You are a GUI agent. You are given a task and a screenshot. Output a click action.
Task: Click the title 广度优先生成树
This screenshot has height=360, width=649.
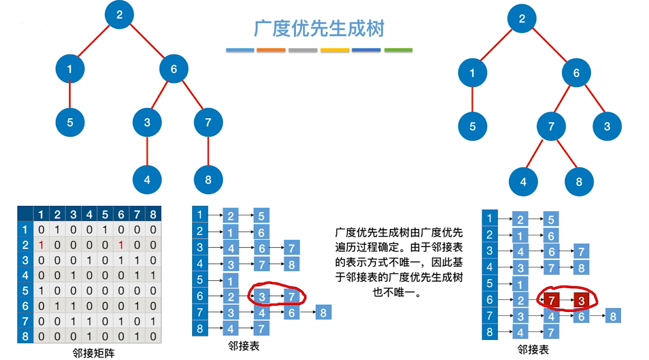319,29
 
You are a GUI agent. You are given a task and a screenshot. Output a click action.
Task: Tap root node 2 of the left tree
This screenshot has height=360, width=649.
119,15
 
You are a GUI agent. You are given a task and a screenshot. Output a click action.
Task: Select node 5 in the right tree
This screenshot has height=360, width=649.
473,126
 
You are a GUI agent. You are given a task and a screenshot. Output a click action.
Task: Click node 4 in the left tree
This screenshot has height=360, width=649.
147,180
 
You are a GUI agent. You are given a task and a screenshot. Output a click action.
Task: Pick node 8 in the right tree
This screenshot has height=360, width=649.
579,182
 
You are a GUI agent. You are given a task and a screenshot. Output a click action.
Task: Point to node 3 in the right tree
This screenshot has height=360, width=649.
607,126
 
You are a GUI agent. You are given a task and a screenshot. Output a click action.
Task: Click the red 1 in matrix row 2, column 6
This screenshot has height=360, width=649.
121,245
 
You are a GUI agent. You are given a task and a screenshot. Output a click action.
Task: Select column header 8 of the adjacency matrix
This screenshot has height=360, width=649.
153,214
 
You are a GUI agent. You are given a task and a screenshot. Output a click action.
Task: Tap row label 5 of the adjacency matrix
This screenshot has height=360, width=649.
25,290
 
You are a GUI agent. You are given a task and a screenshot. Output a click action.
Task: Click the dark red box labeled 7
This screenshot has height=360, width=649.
551,300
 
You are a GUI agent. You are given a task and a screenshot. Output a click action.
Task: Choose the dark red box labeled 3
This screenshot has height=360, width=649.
581,300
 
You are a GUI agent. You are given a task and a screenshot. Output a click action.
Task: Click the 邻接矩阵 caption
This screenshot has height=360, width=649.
93,353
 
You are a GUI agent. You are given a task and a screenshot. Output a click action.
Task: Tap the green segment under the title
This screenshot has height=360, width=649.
398,50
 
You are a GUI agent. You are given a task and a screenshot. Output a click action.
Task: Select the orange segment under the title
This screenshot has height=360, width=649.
271,50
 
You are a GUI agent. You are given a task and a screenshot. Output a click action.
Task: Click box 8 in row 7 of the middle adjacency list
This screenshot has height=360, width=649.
323,312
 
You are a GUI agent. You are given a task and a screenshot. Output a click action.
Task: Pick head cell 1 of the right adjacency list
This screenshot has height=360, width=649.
490,218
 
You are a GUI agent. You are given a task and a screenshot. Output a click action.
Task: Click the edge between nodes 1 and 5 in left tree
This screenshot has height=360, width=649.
70,95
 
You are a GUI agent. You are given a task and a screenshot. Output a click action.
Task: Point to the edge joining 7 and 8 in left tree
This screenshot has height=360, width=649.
208,151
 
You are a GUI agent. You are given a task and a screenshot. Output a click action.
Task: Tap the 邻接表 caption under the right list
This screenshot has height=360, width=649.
533,350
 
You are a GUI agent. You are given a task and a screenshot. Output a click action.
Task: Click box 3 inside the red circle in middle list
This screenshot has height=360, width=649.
262,297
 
